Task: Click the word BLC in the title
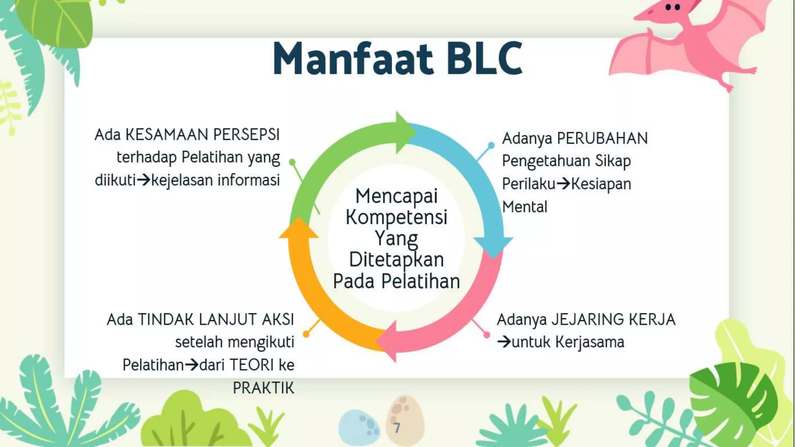click(x=484, y=59)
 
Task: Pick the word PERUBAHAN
click(x=602, y=139)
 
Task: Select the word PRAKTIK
click(x=263, y=388)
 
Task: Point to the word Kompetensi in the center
click(x=396, y=217)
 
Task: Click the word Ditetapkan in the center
click(x=396, y=260)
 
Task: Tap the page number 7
click(x=397, y=428)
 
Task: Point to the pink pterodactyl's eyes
click(x=673, y=7)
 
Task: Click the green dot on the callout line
click(x=292, y=162)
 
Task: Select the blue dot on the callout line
click(x=491, y=145)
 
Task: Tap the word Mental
click(x=524, y=207)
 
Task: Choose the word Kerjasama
click(x=590, y=342)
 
